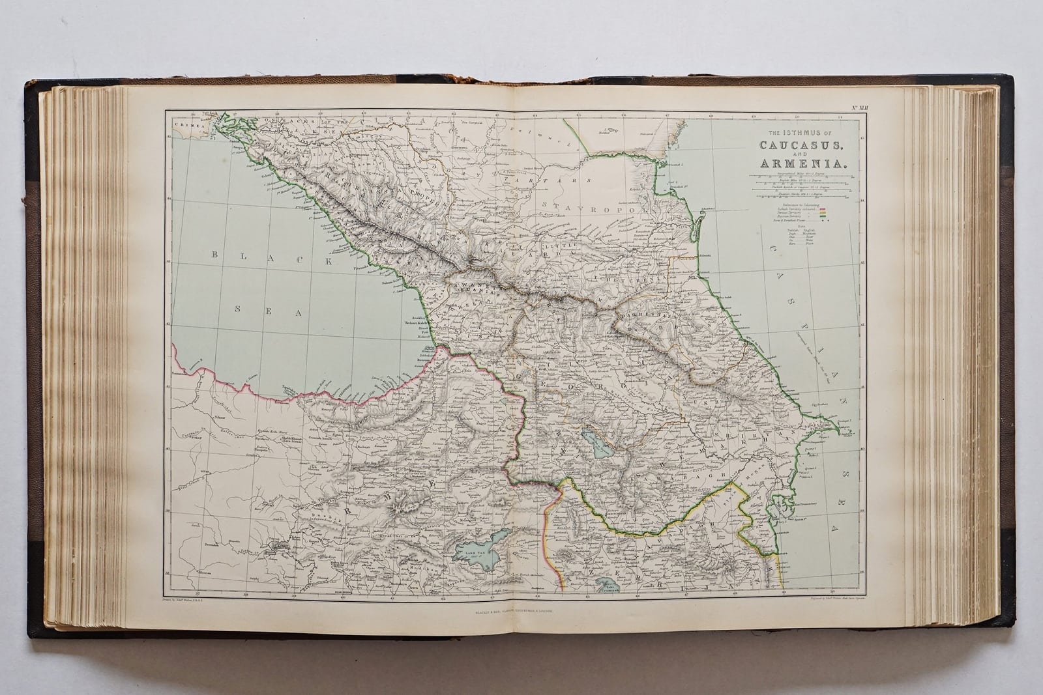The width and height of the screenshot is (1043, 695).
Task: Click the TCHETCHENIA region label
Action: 629,279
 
